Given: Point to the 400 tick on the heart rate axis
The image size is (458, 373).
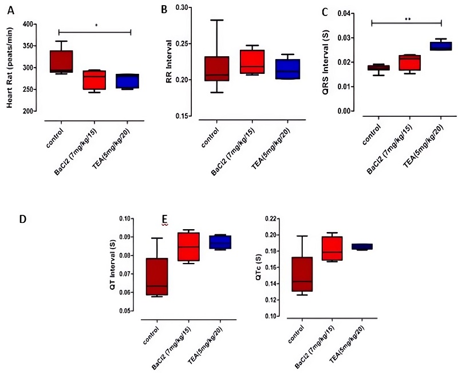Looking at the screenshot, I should (x=27, y=24).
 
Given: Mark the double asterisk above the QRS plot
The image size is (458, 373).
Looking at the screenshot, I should (x=407, y=19).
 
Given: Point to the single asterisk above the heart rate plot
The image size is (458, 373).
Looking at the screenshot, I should (x=96, y=26).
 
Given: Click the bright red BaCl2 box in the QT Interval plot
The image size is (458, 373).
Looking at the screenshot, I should (x=188, y=246).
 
